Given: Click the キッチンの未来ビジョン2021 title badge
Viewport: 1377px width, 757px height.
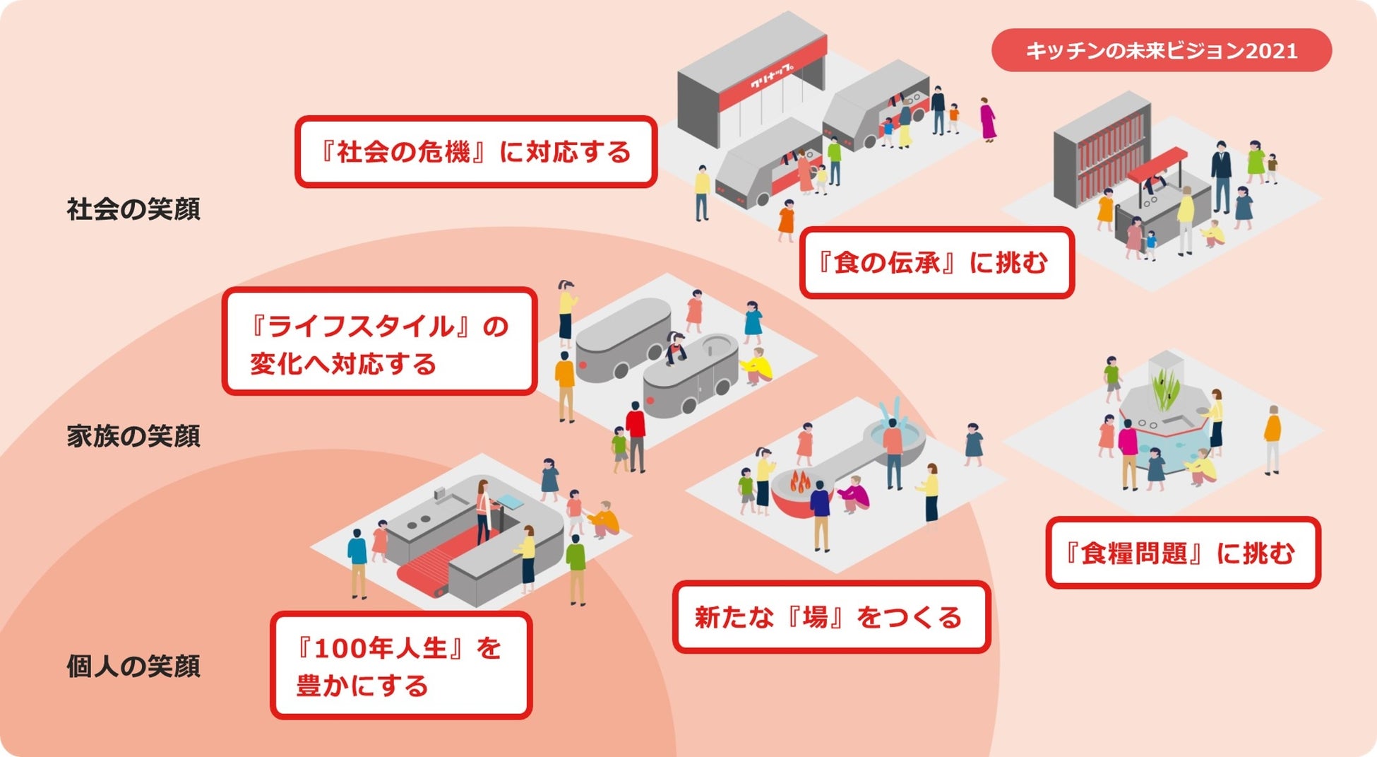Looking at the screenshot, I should click(x=1161, y=50).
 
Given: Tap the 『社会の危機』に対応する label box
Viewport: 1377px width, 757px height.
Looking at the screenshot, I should click(x=476, y=152).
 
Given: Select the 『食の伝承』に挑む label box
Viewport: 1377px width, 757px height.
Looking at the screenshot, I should click(x=936, y=263).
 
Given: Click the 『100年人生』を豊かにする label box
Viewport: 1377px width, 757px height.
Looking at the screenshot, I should click(x=400, y=666).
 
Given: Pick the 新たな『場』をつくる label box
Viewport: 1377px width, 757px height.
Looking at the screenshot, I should click(x=831, y=617).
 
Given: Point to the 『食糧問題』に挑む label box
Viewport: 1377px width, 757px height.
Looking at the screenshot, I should click(x=1182, y=553).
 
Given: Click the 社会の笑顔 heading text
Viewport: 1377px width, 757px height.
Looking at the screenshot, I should click(x=133, y=209).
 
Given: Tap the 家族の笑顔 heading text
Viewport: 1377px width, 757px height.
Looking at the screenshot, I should click(x=133, y=436).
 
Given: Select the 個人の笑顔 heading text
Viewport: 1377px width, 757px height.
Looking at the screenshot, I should click(x=133, y=666).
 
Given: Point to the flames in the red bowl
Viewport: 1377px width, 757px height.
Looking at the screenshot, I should click(x=799, y=481).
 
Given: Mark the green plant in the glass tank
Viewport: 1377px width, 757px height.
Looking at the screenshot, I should click(x=1165, y=389).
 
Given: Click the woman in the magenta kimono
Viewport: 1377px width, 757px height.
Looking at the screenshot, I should click(x=988, y=119).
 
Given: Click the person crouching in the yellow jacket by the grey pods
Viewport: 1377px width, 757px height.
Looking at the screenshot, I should click(x=756, y=366).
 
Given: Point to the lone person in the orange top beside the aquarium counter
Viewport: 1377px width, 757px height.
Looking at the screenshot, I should click(x=1272, y=438).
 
